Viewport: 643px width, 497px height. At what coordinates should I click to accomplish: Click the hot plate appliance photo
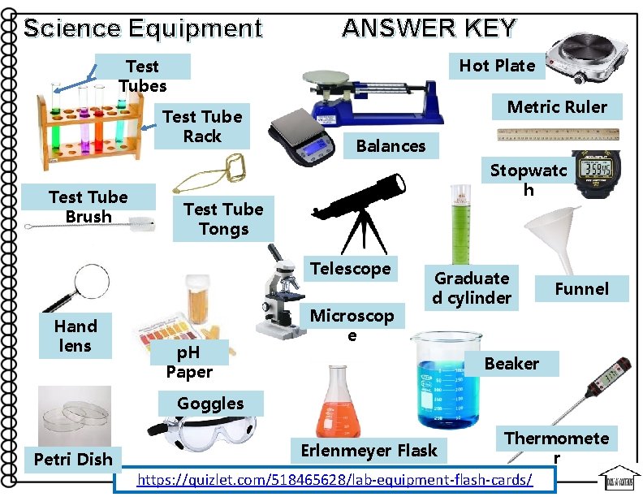pyautogui.click(x=586, y=58)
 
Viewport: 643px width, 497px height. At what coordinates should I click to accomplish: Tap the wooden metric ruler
pyautogui.click(x=558, y=135)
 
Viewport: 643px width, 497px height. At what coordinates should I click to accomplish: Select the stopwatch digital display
pyautogui.click(x=597, y=169)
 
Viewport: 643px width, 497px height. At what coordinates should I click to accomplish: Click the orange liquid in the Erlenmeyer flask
pyautogui.click(x=338, y=420)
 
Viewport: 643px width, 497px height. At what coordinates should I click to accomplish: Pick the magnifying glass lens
pyautogui.click(x=93, y=282)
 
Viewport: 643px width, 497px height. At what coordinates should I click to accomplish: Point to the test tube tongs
pyautogui.click(x=210, y=174)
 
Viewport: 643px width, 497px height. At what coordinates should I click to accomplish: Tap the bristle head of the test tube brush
pyautogui.click(x=142, y=224)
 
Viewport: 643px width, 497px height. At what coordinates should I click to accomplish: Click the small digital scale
pyautogui.click(x=301, y=137)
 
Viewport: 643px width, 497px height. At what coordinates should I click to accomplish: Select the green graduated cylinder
pyautogui.click(x=461, y=225)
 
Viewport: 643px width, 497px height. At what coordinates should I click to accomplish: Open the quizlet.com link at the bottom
pyautogui.click(x=334, y=479)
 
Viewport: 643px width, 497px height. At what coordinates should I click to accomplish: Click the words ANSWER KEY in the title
pyautogui.click(x=429, y=28)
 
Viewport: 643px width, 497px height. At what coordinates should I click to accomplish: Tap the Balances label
pyautogui.click(x=391, y=146)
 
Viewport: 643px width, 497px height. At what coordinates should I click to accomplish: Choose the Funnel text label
pyautogui.click(x=582, y=288)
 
